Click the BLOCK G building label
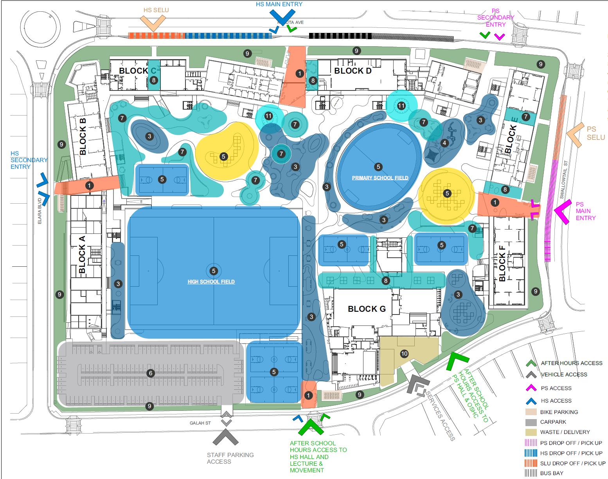click(367, 309)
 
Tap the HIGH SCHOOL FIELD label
click(211, 282)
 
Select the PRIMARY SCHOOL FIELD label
click(380, 178)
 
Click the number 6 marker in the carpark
click(151, 373)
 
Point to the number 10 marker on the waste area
click(404, 354)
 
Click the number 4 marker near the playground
click(444, 143)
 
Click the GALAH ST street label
click(200, 423)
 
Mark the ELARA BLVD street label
click(40, 215)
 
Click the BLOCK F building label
click(502, 263)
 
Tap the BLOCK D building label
click(353, 71)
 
